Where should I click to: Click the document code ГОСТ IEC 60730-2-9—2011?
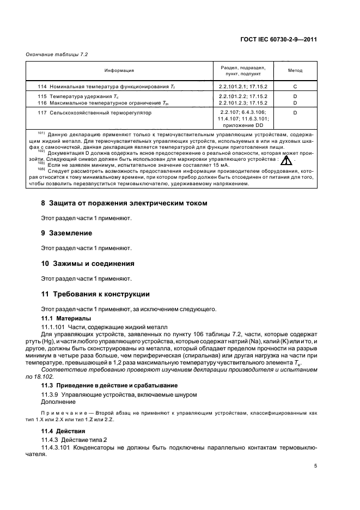(279, 40)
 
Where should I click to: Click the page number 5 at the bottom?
(316, 466)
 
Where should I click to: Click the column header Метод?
(295, 71)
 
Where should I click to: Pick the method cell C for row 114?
(295, 87)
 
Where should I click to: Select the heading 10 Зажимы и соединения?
(88, 263)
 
